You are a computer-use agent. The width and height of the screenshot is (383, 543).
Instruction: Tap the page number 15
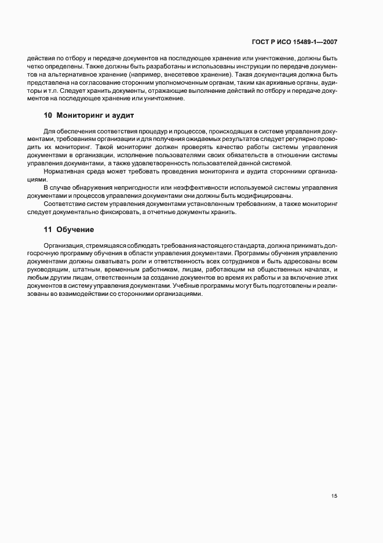(334, 496)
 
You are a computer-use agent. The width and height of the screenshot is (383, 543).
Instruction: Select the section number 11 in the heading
(48, 230)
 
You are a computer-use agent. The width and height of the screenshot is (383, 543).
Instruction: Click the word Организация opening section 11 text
(62, 246)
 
